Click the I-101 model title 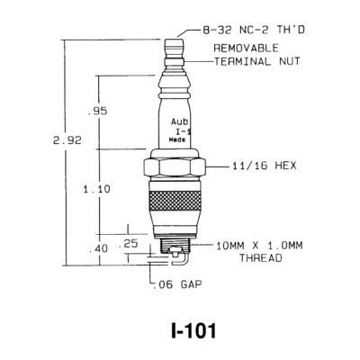(x=193, y=331)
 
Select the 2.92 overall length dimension (x=67, y=140)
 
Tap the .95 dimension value (x=97, y=111)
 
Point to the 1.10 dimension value (x=97, y=189)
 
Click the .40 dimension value (x=99, y=248)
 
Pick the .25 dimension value (x=129, y=243)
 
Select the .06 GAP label (x=177, y=284)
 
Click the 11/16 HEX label (x=265, y=166)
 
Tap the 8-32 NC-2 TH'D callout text (x=254, y=30)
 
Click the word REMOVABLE (x=247, y=48)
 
